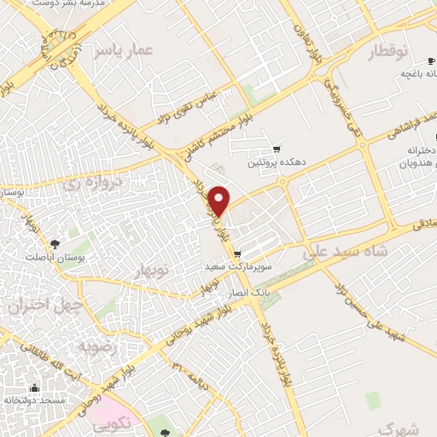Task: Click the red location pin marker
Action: pyautogui.click(x=219, y=200)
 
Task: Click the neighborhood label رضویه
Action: pyautogui.click(x=96, y=347)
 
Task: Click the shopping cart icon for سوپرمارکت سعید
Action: pyautogui.click(x=236, y=253)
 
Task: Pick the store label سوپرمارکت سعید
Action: pyautogui.click(x=237, y=266)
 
